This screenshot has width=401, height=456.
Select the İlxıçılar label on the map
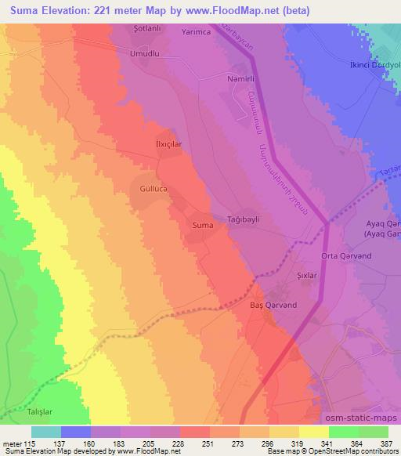[x=164, y=145]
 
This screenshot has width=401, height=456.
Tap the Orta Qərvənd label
[x=345, y=257]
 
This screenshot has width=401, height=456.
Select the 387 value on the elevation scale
[x=386, y=443]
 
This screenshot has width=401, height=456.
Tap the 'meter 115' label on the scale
[x=19, y=443]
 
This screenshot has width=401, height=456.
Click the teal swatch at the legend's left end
[x=46, y=432]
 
